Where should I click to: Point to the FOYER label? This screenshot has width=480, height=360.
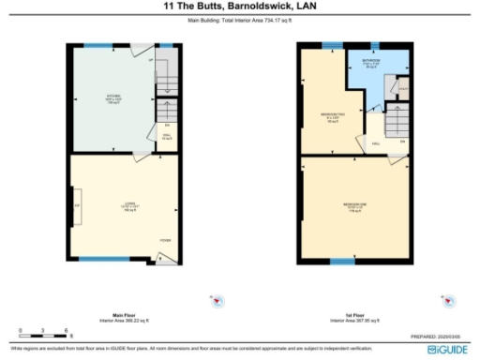click(165, 240)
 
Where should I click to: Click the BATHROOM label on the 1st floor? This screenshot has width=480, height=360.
click(371, 64)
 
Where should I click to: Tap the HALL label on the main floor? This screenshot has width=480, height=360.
click(167, 135)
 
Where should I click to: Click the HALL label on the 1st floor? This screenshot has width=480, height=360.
click(375, 142)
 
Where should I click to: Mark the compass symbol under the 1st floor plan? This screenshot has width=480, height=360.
click(449, 302)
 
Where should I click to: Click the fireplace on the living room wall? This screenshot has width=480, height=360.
click(75, 204)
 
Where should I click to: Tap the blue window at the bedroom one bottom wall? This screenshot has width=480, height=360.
click(328, 258)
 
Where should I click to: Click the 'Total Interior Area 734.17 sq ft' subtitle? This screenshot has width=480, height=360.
click(239, 18)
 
